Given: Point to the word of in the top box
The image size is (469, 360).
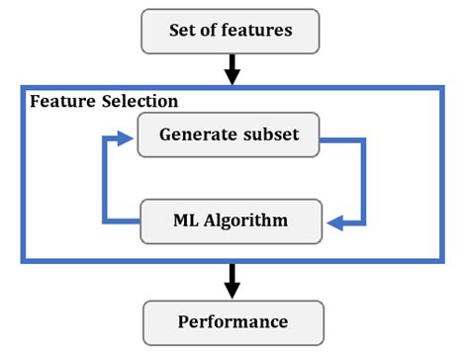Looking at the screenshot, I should (x=216, y=31).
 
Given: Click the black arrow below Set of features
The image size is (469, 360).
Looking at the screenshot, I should (x=233, y=68).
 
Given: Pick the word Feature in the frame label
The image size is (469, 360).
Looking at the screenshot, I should (x=61, y=102).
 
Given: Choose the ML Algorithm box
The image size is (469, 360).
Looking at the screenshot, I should (x=230, y=220).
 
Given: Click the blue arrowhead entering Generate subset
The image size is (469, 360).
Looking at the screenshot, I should (x=126, y=139).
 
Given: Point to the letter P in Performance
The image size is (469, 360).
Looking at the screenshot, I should (x=183, y=322).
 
